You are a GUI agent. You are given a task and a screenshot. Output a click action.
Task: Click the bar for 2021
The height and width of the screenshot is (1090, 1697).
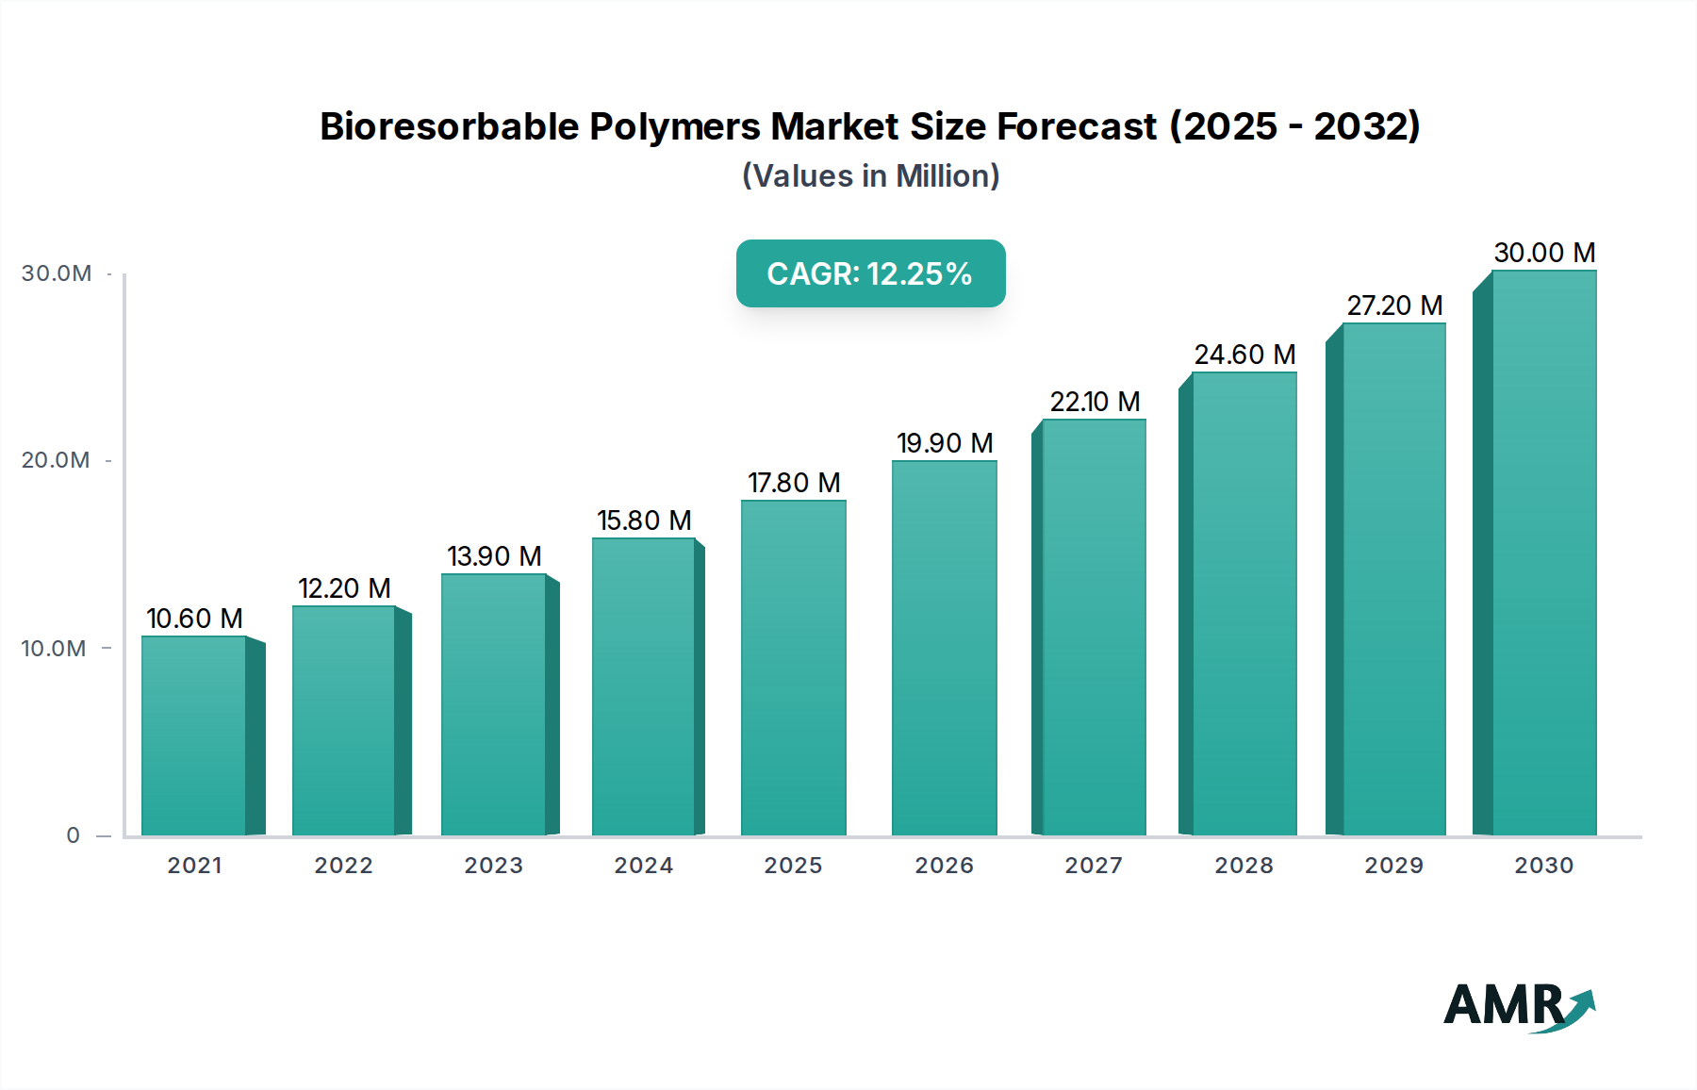tap(194, 735)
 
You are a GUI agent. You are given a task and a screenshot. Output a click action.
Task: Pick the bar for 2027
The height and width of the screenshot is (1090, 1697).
tap(1094, 627)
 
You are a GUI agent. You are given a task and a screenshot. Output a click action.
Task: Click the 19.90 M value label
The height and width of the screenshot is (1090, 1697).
tap(945, 443)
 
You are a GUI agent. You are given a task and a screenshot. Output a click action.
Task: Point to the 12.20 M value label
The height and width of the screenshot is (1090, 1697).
tap(344, 588)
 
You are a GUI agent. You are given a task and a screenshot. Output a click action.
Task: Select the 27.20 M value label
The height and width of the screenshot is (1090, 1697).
tap(1394, 306)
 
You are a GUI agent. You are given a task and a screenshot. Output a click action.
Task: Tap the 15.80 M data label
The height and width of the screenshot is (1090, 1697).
tap(644, 520)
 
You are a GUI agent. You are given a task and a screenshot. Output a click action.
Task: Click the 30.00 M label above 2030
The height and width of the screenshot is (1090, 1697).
tap(1544, 253)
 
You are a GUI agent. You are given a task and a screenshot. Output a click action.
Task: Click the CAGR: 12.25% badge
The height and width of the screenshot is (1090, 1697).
tap(870, 273)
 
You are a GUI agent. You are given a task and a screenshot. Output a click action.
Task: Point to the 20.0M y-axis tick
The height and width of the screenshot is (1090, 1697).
tap(56, 460)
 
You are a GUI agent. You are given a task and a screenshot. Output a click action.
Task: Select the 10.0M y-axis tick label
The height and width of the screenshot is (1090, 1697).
tap(54, 649)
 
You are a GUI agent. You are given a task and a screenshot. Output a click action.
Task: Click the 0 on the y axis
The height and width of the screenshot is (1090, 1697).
tap(73, 835)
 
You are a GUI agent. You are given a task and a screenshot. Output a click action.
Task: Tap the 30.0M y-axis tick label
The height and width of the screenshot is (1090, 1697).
tap(57, 273)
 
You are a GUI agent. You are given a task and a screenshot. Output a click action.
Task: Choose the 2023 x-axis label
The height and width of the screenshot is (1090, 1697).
tap(493, 866)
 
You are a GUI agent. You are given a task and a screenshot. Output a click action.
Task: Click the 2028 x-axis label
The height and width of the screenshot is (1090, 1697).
tap(1244, 866)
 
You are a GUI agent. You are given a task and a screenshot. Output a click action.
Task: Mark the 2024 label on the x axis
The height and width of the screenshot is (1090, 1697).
tap(643, 866)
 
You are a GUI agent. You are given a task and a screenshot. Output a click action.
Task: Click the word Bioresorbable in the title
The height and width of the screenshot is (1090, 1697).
tap(449, 126)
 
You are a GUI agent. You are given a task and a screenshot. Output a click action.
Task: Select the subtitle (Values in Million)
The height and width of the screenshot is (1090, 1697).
tap(870, 176)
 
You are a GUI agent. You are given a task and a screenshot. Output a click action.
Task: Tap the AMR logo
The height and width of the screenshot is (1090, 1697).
tap(1518, 1006)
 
